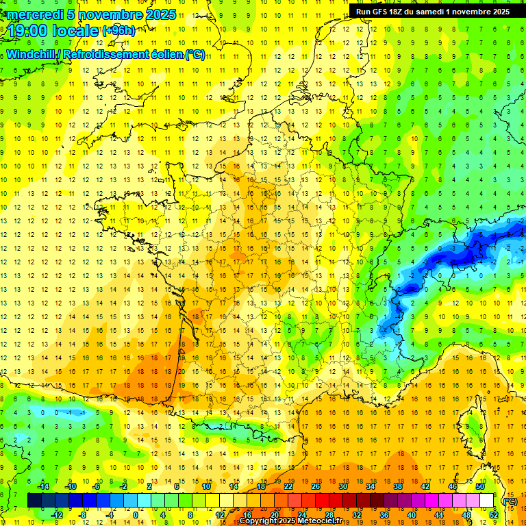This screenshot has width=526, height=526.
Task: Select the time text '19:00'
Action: coord(28,30)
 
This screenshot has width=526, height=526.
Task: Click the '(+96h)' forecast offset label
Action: coord(118,31)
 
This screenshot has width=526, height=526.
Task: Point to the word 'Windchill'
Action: coord(30,54)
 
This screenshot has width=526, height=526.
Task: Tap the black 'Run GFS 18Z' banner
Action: coord(433,12)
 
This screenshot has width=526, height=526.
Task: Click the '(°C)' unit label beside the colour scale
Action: coord(510,501)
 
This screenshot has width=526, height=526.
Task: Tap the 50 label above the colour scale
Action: coord(480,486)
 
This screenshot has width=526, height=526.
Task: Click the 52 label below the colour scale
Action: coord(494,514)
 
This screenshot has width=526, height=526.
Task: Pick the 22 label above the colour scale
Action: coord(288,486)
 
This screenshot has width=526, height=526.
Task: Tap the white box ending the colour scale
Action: coord(487,500)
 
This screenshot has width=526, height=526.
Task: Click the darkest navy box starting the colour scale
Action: coord(34,500)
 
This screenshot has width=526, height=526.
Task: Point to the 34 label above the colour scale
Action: coord(371,486)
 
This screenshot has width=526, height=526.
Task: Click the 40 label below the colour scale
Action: coord(412,514)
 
